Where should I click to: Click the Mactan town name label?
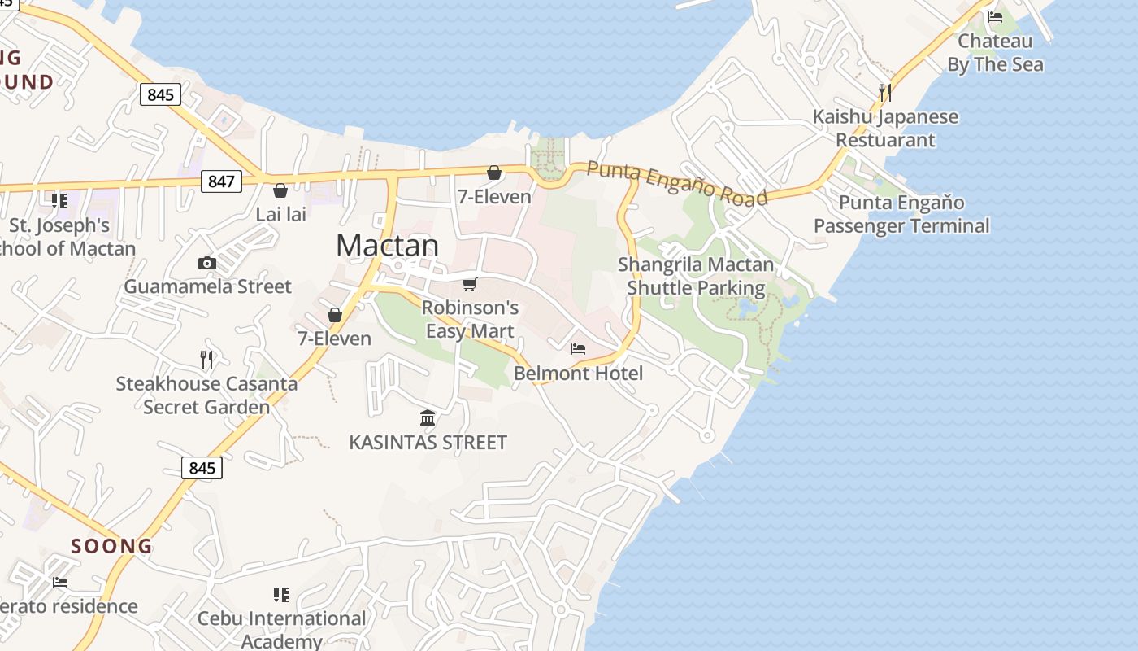(387, 245)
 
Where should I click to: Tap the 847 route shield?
(221, 181)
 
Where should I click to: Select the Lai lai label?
(280, 215)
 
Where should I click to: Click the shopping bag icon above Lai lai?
(280, 190)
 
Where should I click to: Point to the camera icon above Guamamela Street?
(207, 263)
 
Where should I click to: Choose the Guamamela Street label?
(207, 286)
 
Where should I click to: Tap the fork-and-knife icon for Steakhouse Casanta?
(206, 358)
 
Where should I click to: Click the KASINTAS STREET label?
(428, 443)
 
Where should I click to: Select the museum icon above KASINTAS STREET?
(428, 418)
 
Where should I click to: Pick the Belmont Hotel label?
(578, 374)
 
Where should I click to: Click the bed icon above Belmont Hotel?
(578, 349)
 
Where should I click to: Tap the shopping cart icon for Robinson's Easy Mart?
(469, 284)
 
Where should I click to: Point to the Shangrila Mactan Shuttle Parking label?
(696, 276)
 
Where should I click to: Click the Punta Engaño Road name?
(676, 183)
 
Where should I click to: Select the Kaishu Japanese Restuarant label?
(885, 128)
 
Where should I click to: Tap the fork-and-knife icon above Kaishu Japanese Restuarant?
(885, 92)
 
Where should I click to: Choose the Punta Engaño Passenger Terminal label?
(901, 214)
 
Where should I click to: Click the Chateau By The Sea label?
(995, 52)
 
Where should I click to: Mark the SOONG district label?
(111, 546)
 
